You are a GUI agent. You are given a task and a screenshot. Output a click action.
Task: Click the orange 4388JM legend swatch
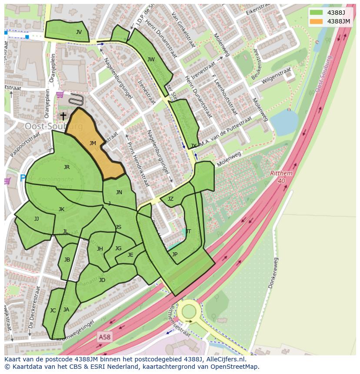point(317,21)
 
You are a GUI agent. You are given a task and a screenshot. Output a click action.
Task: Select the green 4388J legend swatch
point(317,13)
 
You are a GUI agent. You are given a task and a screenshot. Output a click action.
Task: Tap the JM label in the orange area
point(93,143)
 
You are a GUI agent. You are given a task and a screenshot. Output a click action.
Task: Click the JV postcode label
point(79,32)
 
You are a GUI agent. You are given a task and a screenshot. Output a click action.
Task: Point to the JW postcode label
point(151,60)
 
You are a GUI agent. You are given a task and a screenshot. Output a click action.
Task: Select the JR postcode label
point(67,167)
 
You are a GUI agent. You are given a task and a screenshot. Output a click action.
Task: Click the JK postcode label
point(61,209)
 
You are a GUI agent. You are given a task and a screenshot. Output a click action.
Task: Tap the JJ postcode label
point(37,219)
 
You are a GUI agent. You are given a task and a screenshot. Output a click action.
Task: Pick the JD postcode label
point(102,280)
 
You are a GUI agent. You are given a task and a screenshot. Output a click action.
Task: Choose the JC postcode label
point(53,311)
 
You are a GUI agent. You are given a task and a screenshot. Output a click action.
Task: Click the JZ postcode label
point(170,199)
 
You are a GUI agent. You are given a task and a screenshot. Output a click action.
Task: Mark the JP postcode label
point(174,255)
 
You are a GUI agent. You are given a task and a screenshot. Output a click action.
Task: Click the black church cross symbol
point(63,116)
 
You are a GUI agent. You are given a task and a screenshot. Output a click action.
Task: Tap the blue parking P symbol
point(23,178)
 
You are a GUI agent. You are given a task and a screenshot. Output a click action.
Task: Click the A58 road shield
point(104,337)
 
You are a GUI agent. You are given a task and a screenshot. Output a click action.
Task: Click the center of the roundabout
point(189,311)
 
